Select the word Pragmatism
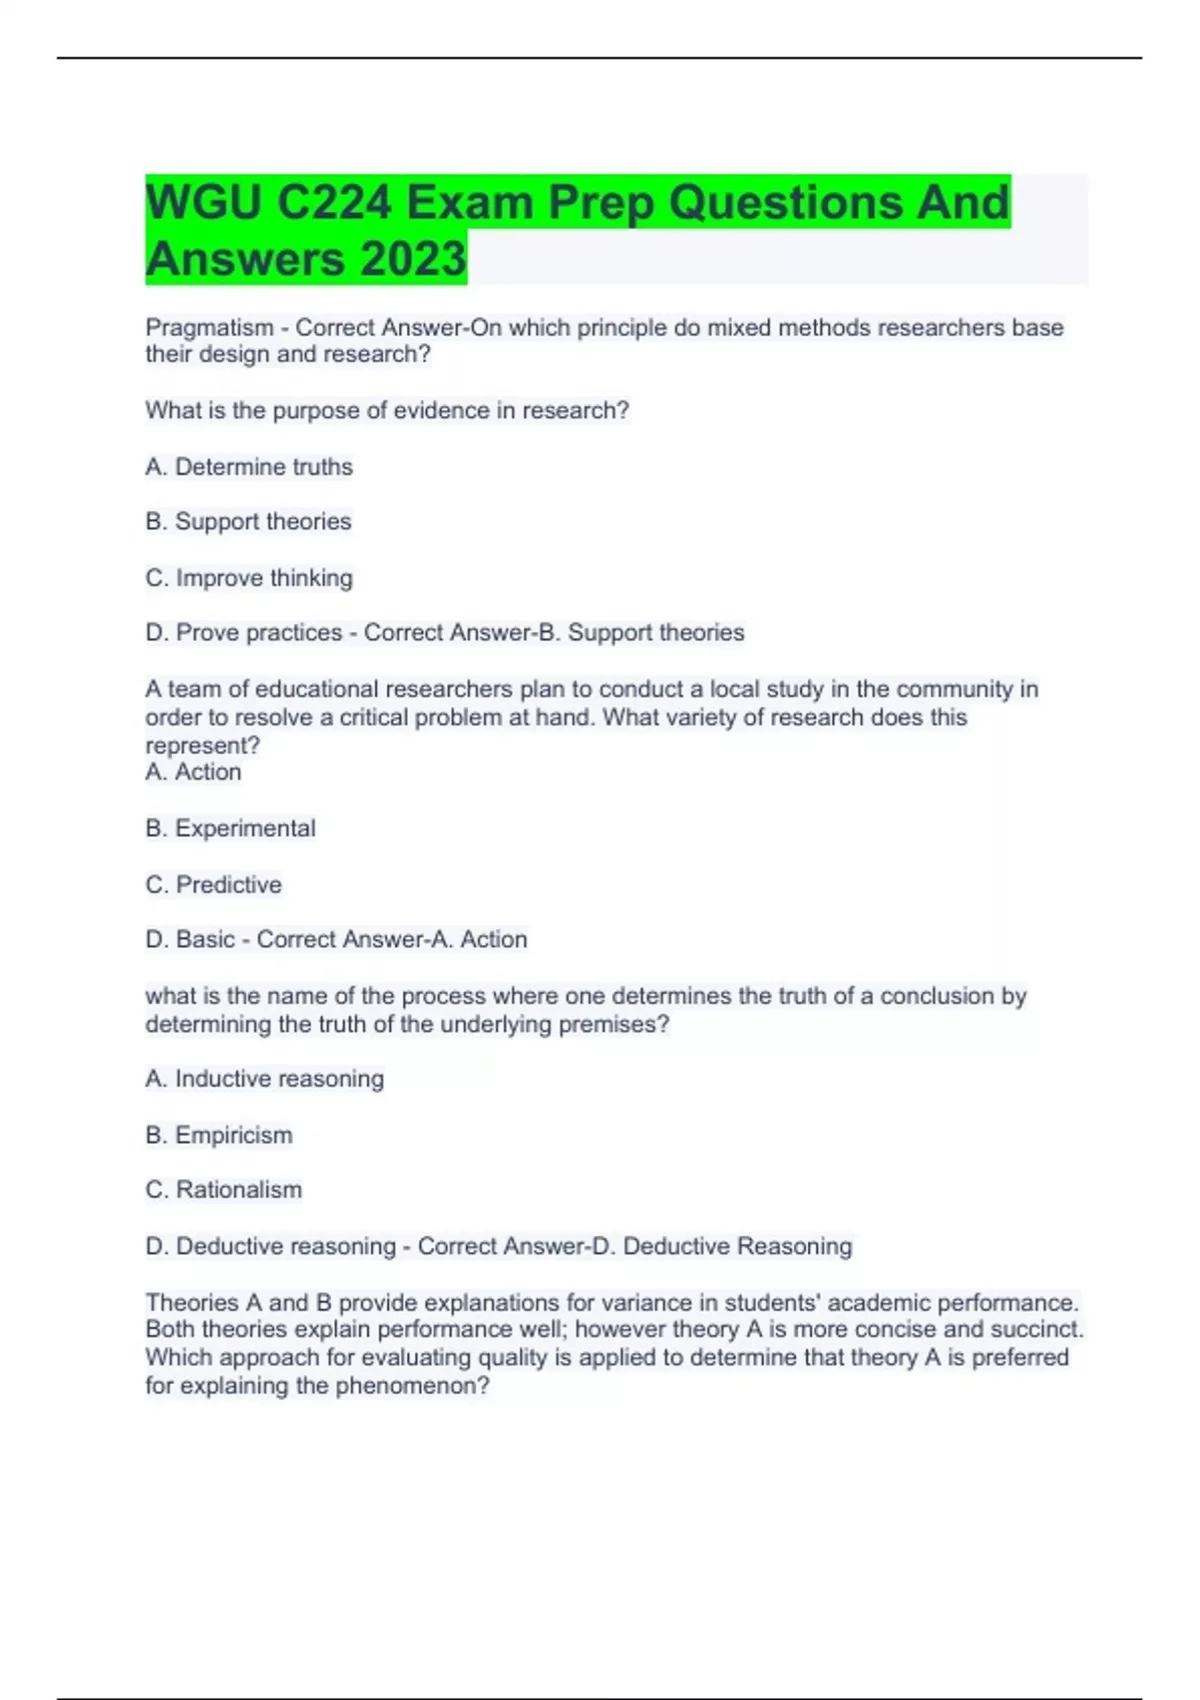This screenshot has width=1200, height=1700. point(209,328)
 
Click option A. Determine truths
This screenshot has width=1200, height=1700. point(249,467)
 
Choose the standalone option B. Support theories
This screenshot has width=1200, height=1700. point(248,522)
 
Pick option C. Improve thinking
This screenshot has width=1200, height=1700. point(249,578)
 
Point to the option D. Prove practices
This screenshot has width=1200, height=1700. point(244,633)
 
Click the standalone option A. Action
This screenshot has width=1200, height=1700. point(193,772)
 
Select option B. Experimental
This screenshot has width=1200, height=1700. point(230,829)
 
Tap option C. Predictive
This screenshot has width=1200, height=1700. point(213,885)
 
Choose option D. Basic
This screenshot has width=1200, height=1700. point(190,940)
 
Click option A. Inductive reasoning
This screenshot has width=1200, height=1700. point(264,1079)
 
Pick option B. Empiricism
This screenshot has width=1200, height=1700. point(219,1136)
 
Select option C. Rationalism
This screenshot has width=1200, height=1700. point(223,1190)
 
